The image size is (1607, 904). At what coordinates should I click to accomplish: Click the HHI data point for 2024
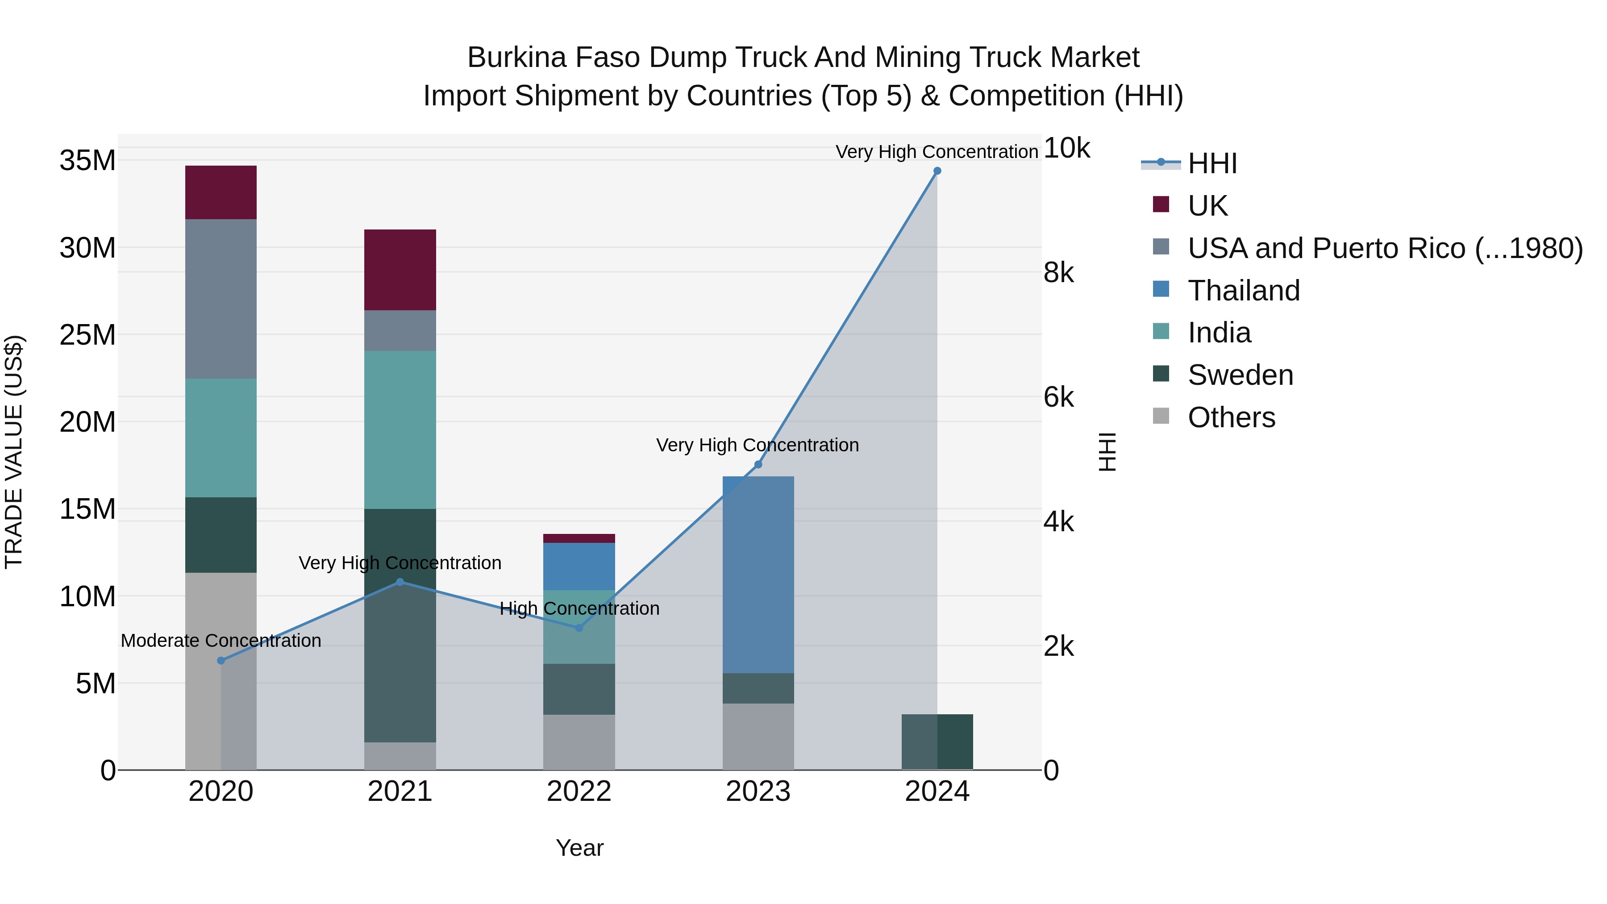coord(937,171)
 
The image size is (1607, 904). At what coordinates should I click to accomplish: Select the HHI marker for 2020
coord(221,661)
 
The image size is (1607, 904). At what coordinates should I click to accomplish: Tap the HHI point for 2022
coord(579,628)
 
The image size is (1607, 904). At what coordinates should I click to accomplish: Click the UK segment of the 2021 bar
coord(400,270)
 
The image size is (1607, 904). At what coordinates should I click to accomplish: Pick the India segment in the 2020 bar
coord(221,437)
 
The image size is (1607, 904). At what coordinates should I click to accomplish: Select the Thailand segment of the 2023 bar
coord(758,574)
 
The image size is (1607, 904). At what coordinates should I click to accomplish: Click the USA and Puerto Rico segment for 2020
coord(221,298)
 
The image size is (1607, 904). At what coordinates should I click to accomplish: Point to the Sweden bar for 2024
coord(937,742)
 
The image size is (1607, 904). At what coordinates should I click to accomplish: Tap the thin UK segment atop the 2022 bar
coord(579,538)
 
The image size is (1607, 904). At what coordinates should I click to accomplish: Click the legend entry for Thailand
coord(1243,291)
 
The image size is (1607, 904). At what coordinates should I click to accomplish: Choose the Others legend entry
coord(1231,417)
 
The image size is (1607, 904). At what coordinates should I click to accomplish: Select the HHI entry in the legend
coord(1212,163)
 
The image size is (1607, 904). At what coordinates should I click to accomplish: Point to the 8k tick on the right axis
coord(1059,273)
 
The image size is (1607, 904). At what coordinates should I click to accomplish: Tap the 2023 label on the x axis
coord(758,792)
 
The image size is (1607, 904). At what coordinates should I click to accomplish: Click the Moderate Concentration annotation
coord(221,641)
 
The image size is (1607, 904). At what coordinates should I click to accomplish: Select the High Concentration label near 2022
coord(579,608)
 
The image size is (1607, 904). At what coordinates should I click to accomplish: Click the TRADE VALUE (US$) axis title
coord(14,452)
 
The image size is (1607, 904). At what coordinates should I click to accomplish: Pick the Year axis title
coord(579,848)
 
